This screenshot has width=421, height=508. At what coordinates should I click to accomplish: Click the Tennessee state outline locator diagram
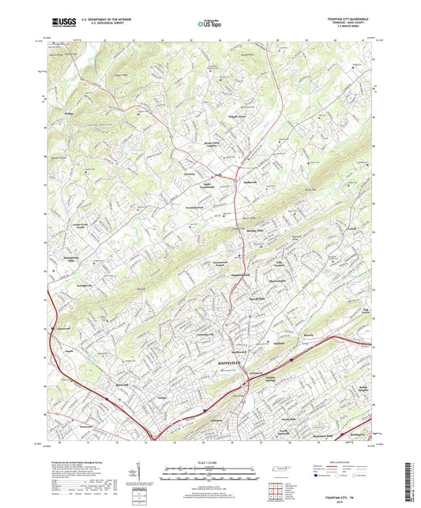(x=278, y=470)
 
